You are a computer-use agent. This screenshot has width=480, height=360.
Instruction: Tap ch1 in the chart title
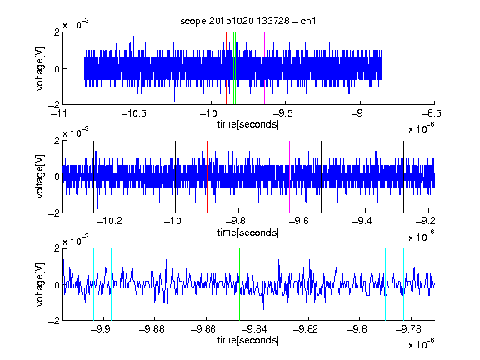[308, 21]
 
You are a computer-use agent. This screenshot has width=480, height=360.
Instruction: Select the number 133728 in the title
[273, 21]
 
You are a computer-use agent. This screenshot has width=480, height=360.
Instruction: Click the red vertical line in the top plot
[226, 68]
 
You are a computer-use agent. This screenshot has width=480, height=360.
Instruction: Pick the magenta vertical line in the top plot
[264, 68]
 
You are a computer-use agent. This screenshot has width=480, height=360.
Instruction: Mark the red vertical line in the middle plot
[207, 177]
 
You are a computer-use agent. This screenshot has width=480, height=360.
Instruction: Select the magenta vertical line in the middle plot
[290, 177]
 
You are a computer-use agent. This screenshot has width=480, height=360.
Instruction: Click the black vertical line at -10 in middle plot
[175, 177]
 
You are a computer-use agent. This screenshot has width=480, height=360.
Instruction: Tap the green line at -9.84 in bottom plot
[257, 284]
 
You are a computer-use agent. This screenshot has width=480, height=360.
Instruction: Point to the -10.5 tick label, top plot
[134, 114]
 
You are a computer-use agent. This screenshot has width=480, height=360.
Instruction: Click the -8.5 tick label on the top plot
[432, 114]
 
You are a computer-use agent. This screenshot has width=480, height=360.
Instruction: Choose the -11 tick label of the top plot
[58, 114]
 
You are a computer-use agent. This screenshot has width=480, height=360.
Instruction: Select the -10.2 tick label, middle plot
[109, 221]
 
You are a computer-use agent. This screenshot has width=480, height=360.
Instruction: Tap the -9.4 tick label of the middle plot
[362, 221]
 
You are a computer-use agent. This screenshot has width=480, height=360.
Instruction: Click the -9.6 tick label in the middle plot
[299, 221]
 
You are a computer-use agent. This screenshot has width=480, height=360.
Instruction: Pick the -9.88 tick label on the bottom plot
[152, 329]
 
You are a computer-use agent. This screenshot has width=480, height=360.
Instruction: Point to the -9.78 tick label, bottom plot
[408, 329]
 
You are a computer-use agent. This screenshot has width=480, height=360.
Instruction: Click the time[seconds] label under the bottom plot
[248, 340]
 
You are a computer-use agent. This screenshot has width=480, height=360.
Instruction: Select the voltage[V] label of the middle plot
[40, 177]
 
